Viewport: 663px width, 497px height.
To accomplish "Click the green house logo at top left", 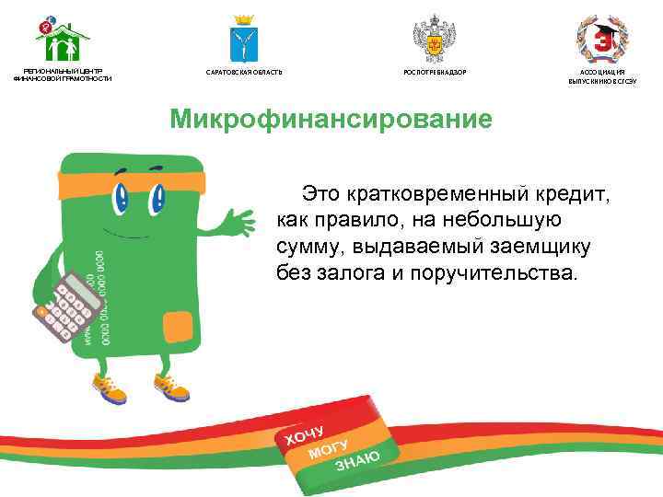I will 62,39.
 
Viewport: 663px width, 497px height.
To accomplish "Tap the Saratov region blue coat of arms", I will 243,40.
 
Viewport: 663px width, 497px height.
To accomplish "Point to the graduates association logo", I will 601,39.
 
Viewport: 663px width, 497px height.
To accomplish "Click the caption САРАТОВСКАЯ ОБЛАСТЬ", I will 244,72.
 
